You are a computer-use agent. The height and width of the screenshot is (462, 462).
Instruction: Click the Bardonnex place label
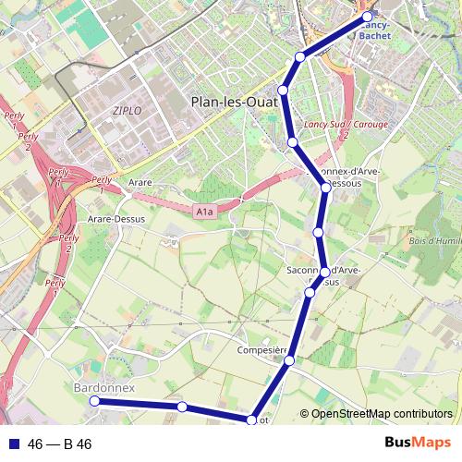103,388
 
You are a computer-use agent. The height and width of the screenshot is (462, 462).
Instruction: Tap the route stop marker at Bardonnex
94,401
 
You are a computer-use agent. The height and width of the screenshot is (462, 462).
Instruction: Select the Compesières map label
265,351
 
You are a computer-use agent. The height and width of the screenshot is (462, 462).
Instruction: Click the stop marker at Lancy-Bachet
368,17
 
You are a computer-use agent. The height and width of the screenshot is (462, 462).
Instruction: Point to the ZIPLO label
127,110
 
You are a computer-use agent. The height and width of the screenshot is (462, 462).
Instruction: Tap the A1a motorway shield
204,213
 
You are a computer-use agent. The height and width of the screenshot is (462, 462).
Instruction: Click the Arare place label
140,183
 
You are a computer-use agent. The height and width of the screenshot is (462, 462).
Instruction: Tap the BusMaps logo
418,444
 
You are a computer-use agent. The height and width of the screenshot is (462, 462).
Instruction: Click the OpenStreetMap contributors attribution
382,414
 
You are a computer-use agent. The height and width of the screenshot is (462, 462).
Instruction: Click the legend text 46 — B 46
60,444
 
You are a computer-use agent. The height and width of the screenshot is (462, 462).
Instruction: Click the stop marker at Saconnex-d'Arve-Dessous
325,188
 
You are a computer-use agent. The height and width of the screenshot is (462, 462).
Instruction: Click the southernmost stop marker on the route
250,420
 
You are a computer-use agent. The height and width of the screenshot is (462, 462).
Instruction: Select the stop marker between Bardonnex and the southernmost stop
182,407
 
